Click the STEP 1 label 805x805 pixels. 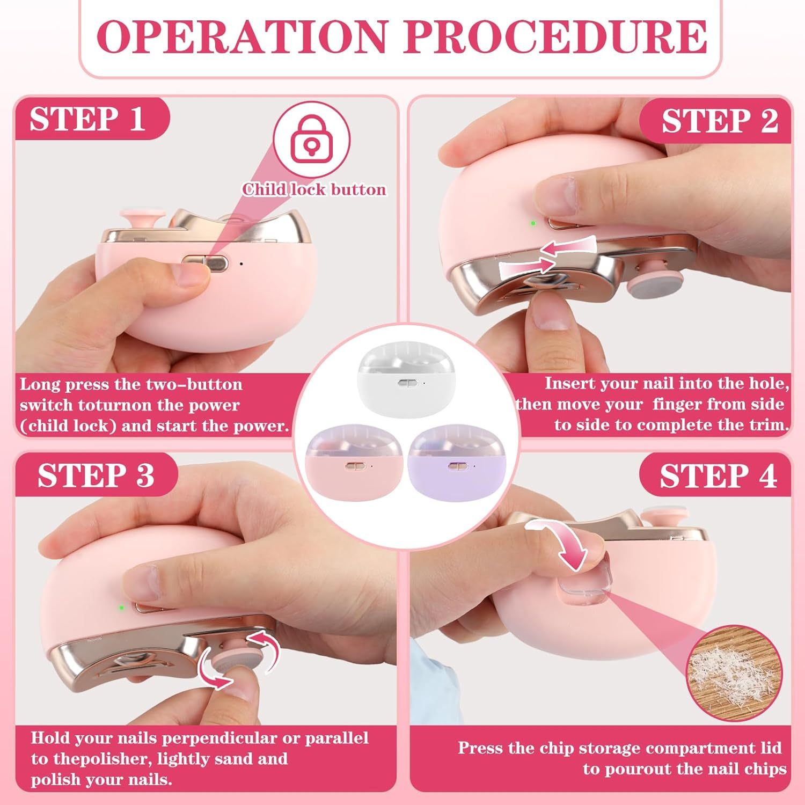(x=87, y=119)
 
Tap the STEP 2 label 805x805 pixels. (x=719, y=121)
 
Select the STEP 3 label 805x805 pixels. (x=96, y=475)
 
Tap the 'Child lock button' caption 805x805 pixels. (x=314, y=189)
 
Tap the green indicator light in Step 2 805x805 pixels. (x=532, y=222)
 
